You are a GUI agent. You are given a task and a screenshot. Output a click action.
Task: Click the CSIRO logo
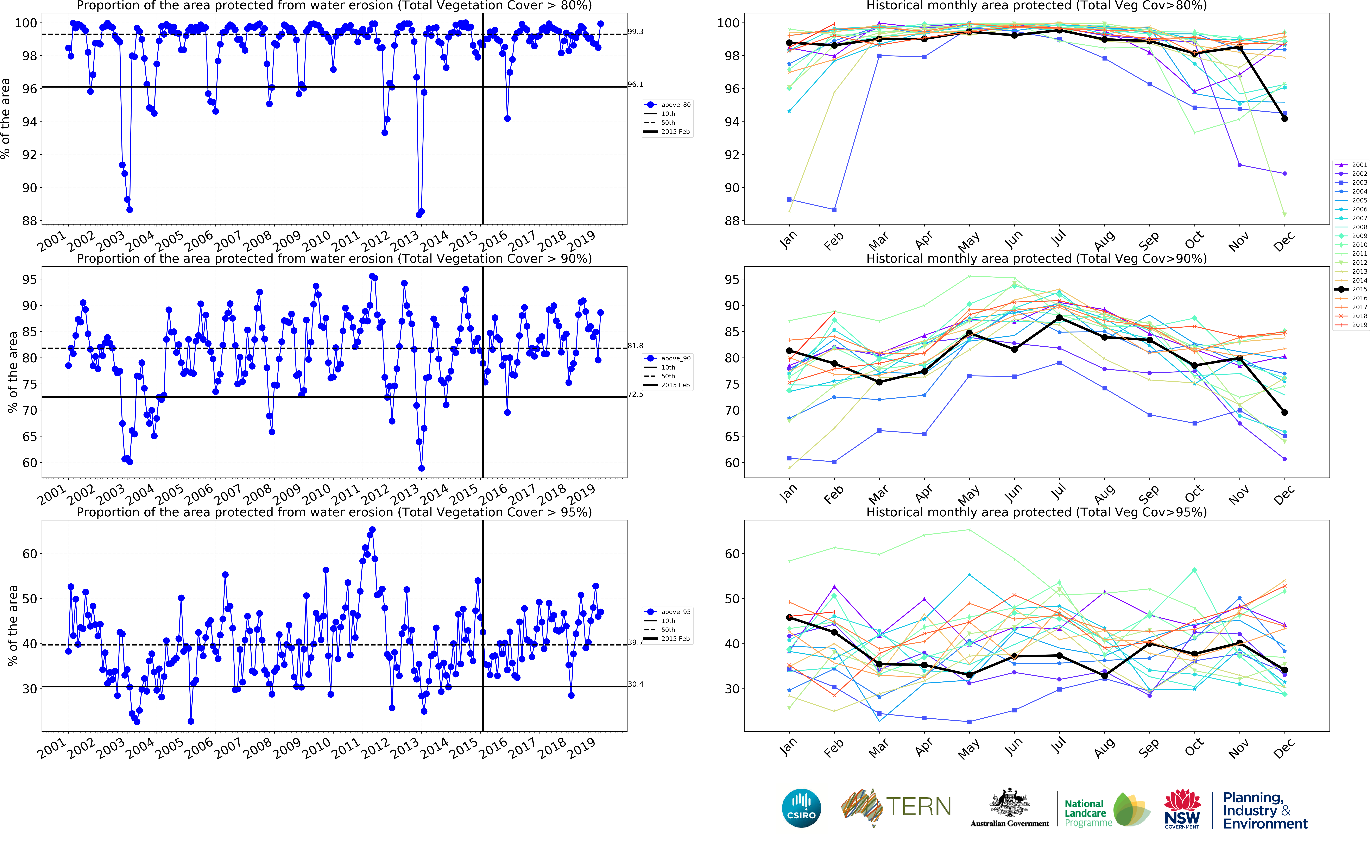click(801, 808)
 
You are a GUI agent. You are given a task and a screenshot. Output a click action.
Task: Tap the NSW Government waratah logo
click(1182, 808)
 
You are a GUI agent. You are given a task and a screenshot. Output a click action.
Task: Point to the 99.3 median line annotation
click(635, 32)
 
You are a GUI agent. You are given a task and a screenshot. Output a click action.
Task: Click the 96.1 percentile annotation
click(635, 84)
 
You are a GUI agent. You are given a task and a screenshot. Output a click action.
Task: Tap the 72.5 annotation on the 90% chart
click(635, 394)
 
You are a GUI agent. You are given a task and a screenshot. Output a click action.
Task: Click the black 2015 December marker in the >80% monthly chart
click(1285, 118)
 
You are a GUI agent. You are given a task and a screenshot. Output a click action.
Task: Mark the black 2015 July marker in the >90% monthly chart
click(1059, 318)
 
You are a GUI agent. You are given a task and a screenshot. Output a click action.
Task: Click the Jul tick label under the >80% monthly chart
click(1058, 239)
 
